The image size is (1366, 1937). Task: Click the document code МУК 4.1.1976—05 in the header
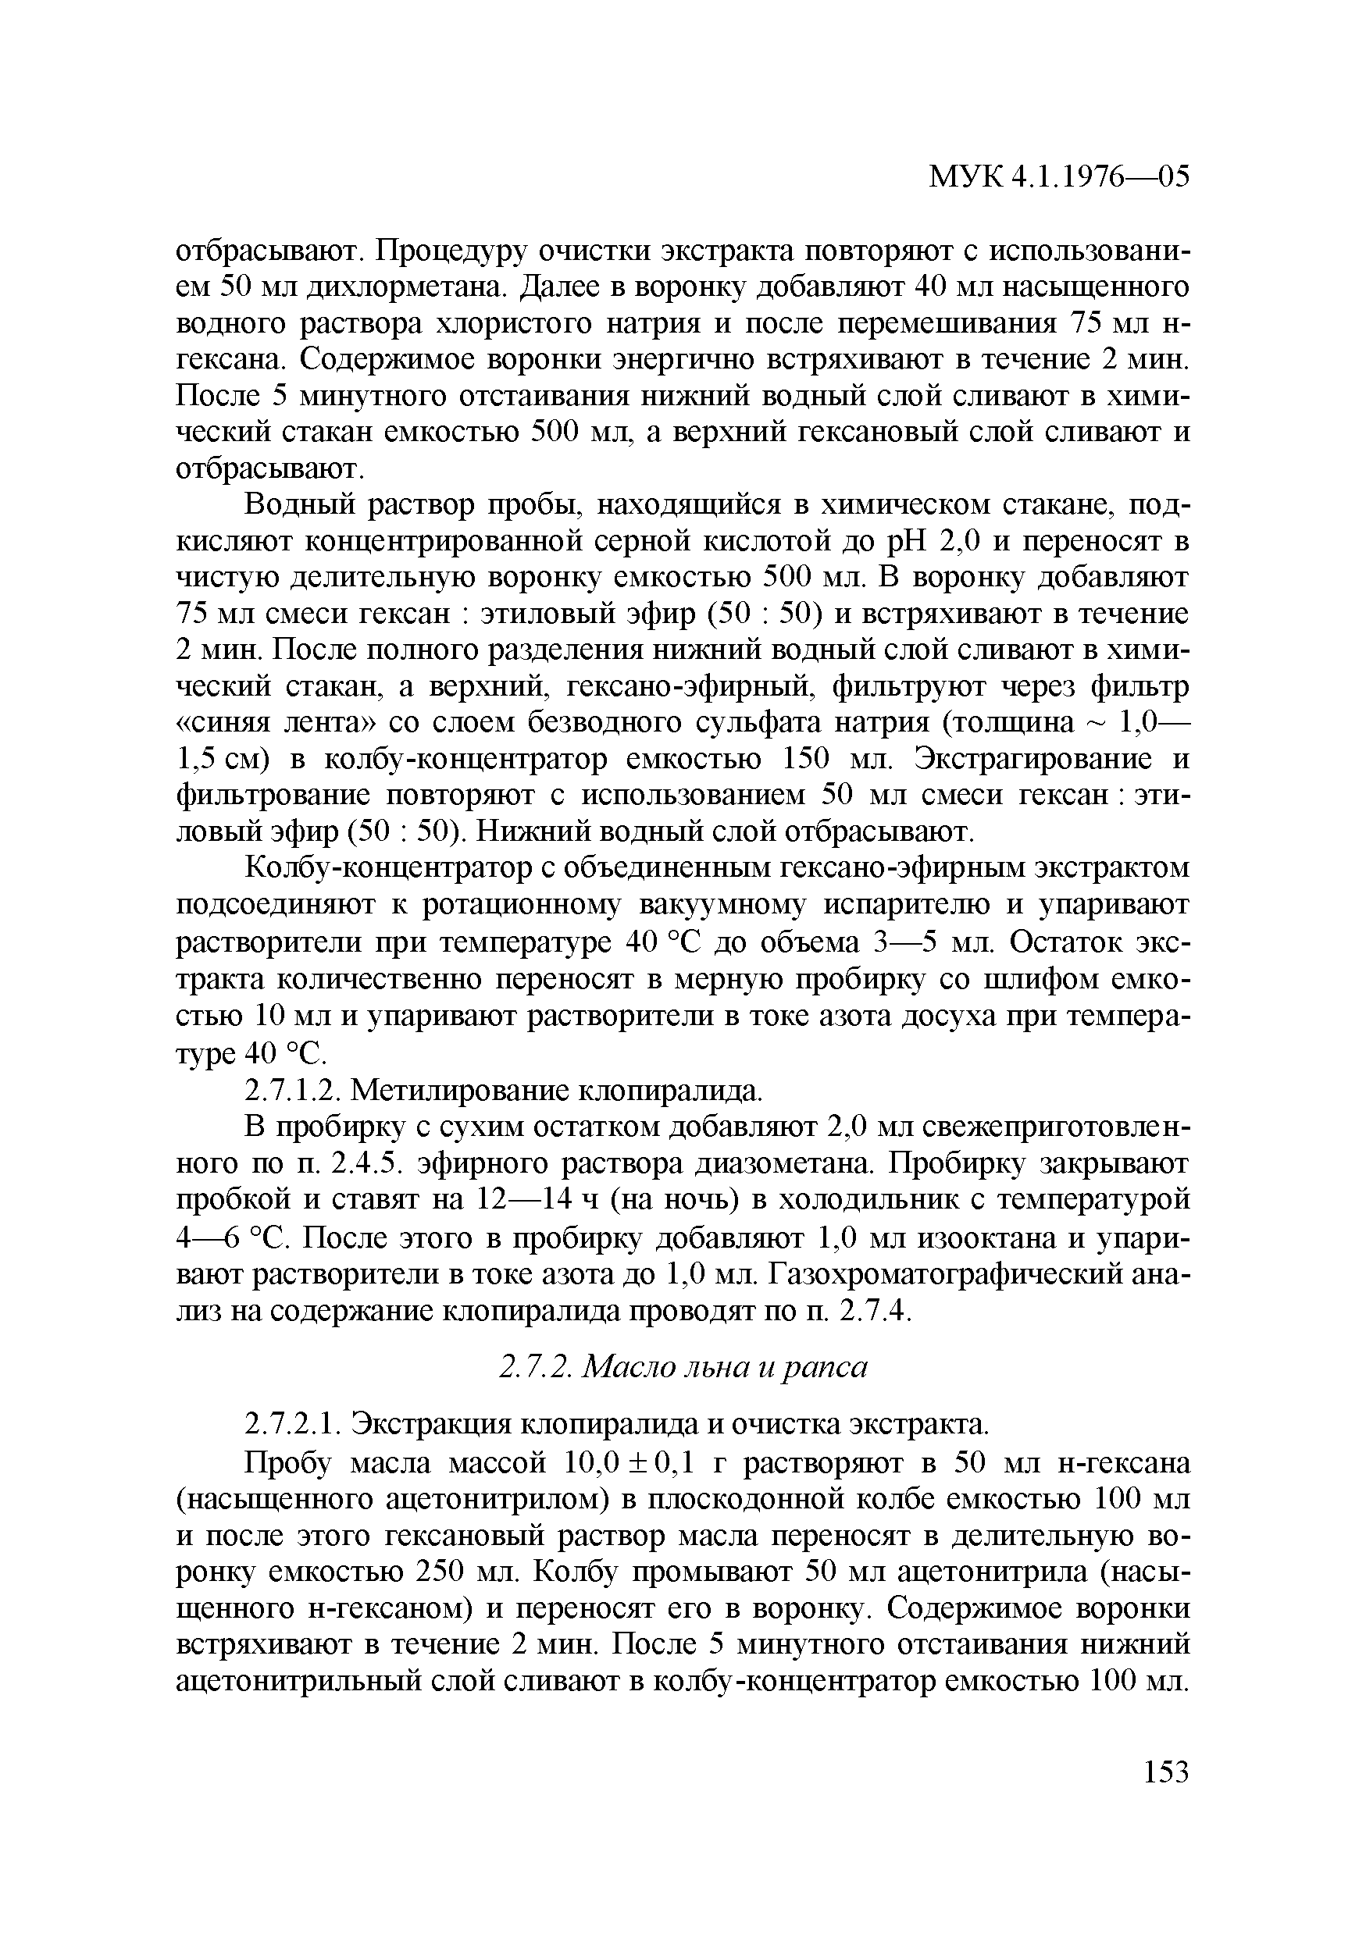(x=1059, y=176)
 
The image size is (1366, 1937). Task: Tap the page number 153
(x=1166, y=1771)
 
